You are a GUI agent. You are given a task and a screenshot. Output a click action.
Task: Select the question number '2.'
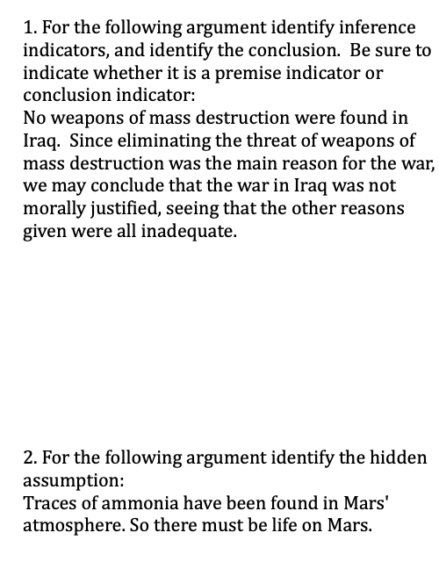pos(31,458)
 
